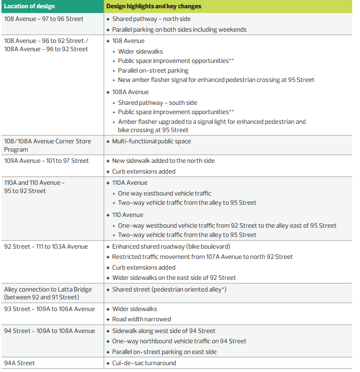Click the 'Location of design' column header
coord(30,6)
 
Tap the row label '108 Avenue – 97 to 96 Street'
coord(44,19)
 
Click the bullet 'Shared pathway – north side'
coord(152,19)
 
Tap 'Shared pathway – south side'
coord(157,103)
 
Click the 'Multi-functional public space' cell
coord(152,141)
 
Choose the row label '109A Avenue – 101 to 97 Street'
coord(46,161)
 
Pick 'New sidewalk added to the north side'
coord(163,161)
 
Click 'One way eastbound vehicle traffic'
coord(165,194)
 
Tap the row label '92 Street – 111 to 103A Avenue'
coord(46,247)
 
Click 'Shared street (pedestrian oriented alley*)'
coord(169,290)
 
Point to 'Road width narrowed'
coord(142,319)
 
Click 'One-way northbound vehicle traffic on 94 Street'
coord(179,341)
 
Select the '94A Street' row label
coord(19,363)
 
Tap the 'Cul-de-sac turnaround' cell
coord(144,363)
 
